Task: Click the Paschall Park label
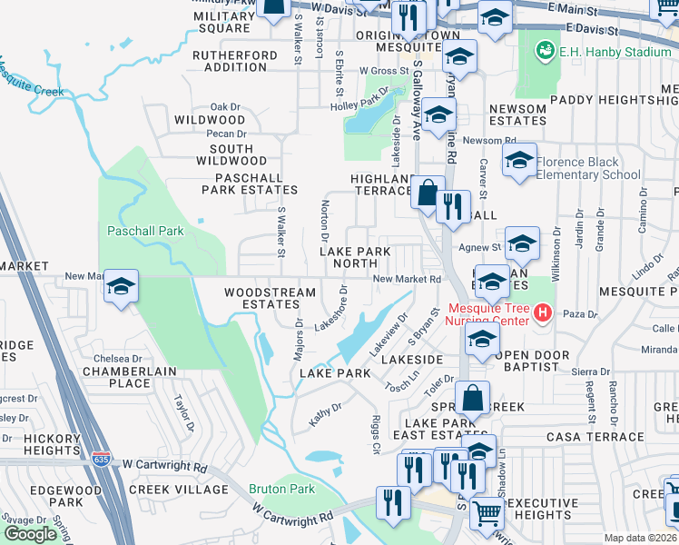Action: [145, 231]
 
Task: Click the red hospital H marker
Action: [543, 313]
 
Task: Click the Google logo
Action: [30, 534]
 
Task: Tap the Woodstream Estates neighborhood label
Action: [271, 299]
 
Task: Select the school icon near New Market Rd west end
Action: [121, 287]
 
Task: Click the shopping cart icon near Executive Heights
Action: [487, 514]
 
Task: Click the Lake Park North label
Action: [355, 257]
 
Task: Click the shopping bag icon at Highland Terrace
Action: [427, 193]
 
